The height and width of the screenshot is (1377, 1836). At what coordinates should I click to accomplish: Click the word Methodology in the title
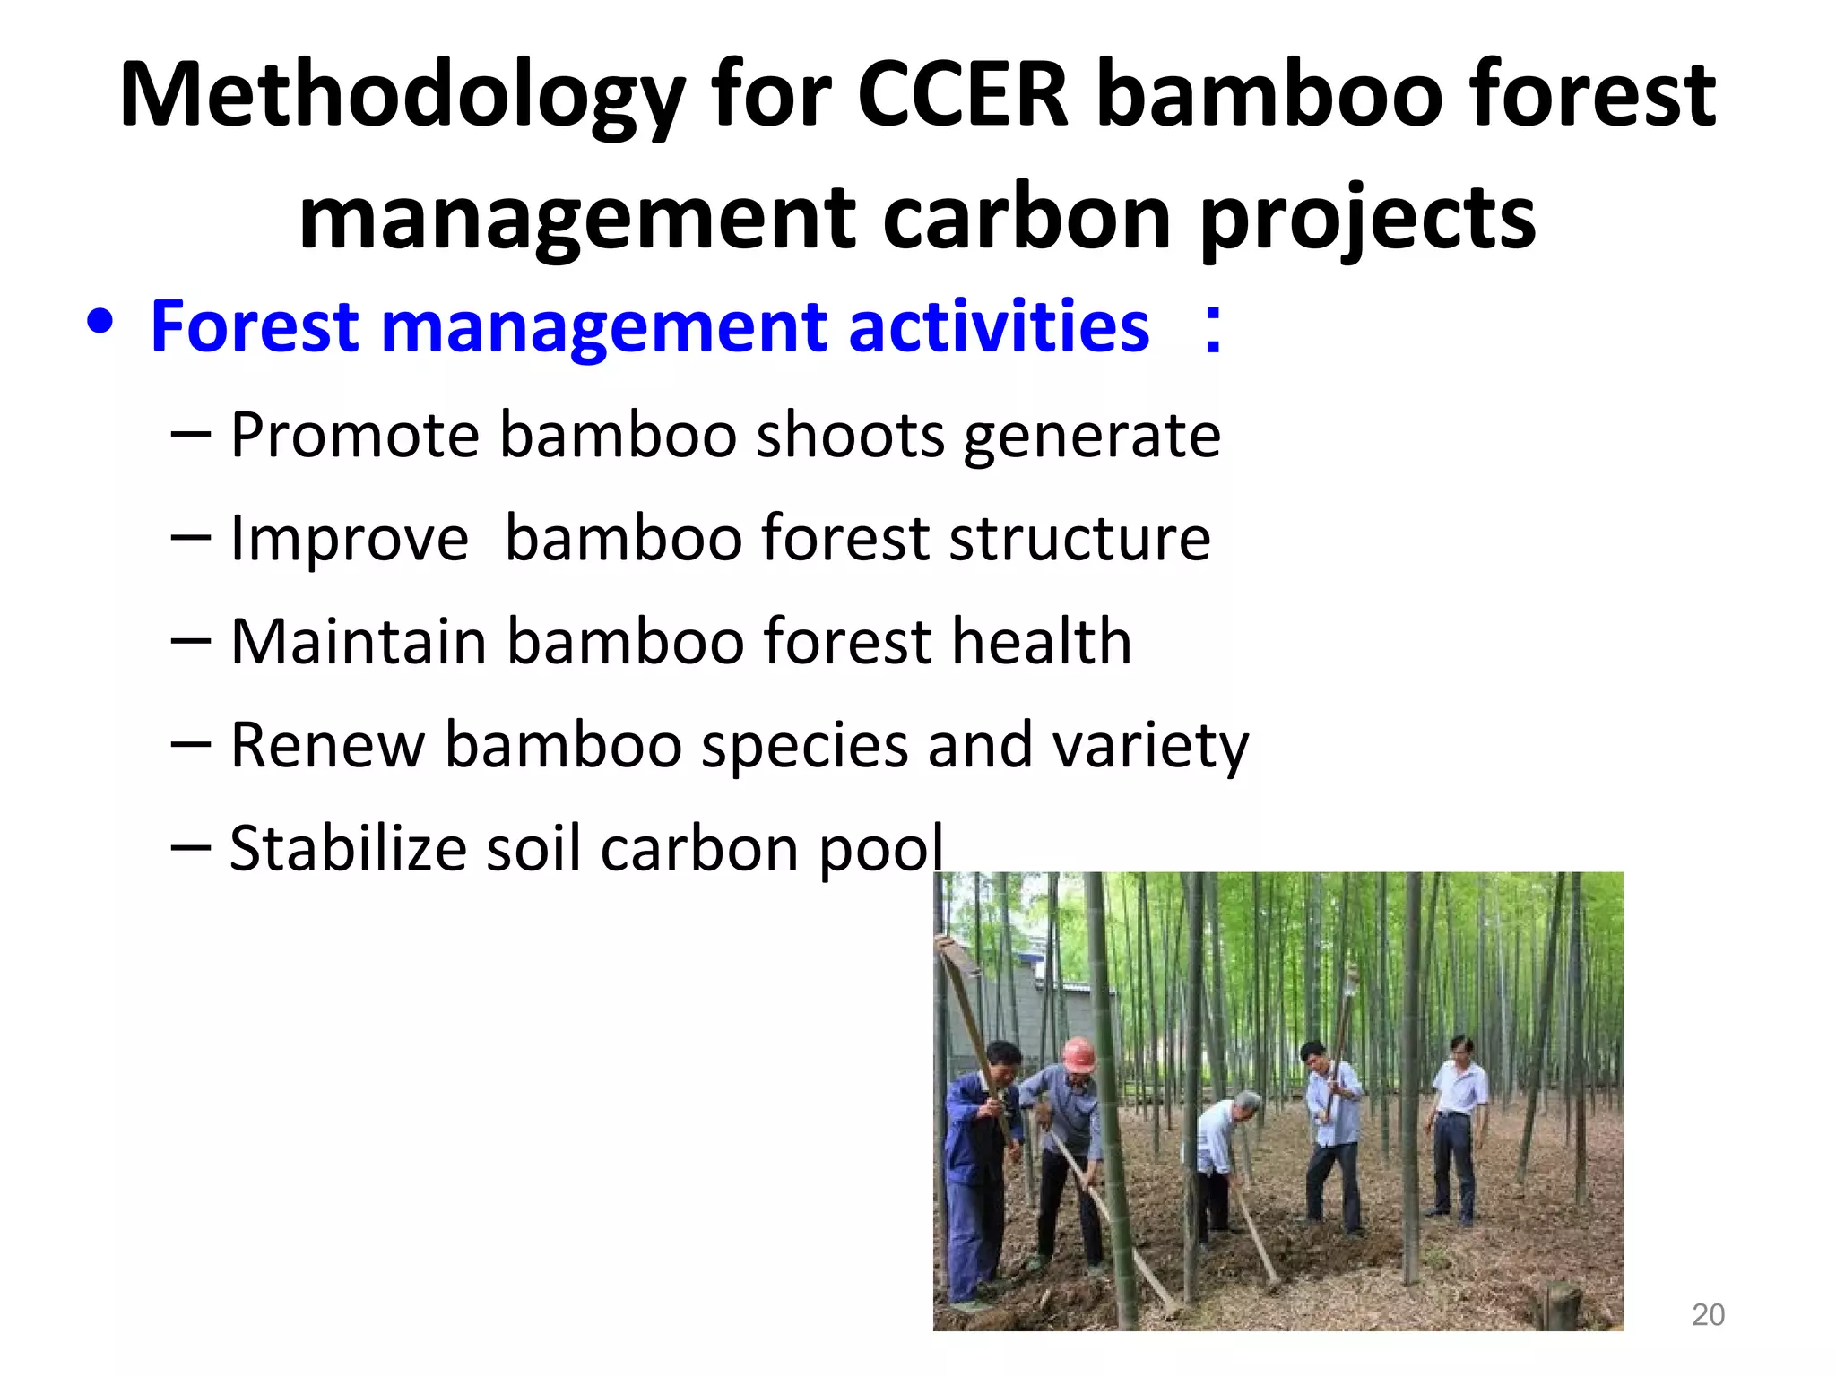pos(403,97)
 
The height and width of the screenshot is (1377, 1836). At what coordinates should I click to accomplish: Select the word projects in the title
pos(1367,221)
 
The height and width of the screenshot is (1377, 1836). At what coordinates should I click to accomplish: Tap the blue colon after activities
pos(1212,329)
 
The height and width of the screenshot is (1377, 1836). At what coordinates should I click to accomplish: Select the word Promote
pos(355,435)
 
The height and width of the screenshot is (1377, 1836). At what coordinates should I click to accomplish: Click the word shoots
pos(850,435)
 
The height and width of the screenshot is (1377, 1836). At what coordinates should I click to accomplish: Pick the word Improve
pos(350,538)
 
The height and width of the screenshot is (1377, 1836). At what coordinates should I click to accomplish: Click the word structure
pos(1079,538)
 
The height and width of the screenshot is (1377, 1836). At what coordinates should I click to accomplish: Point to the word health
pos(1042,641)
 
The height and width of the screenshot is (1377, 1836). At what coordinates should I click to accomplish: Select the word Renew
pos(327,745)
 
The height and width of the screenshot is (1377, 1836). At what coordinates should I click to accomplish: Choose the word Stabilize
pos(348,848)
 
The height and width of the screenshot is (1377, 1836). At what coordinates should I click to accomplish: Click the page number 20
pos(1707,1315)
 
